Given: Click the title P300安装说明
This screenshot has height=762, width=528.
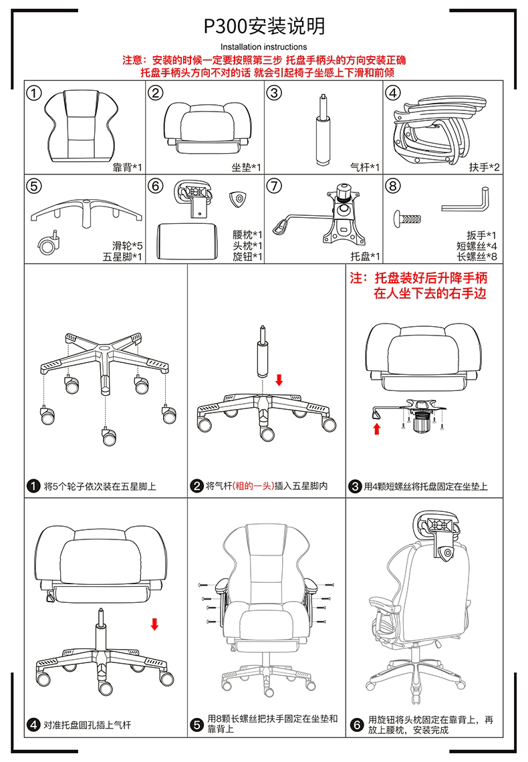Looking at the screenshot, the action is point(264,26).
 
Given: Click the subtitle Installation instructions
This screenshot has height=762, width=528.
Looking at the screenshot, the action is point(263,47).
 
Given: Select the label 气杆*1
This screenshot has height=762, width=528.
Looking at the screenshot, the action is point(365,167).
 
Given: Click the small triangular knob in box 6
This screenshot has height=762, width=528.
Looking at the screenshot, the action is point(237,199).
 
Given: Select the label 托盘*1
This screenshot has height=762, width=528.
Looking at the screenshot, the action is point(365,256).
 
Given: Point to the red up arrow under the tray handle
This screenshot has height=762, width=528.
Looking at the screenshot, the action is point(377,428).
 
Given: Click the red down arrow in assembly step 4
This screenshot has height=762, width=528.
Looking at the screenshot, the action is point(154,624).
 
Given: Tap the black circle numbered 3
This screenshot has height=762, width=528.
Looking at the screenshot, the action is point(356,486).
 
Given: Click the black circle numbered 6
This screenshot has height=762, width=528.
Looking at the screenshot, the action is point(356,725).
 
